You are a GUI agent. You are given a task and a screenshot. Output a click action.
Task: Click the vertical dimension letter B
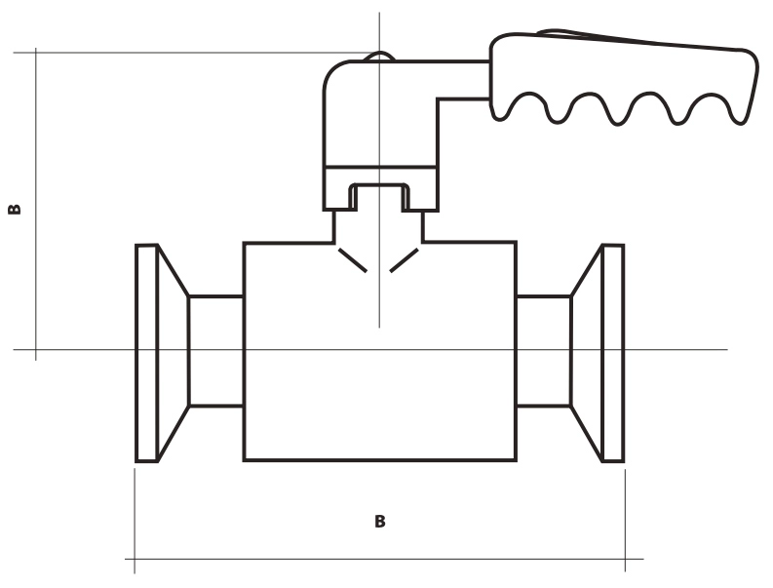click(15, 209)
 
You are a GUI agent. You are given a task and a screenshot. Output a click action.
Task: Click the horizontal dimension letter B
click(379, 522)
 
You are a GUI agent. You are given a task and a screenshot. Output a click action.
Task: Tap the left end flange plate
click(146, 353)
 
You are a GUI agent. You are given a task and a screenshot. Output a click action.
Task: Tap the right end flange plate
click(613, 353)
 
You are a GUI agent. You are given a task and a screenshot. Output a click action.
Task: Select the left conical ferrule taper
click(174, 353)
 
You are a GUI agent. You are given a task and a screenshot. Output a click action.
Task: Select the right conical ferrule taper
click(586, 353)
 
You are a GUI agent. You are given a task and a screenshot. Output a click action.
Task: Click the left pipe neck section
click(216, 351)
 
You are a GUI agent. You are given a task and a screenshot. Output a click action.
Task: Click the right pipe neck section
click(543, 351)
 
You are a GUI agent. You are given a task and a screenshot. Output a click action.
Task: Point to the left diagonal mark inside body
click(353, 260)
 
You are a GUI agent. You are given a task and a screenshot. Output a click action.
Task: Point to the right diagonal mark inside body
click(405, 260)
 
